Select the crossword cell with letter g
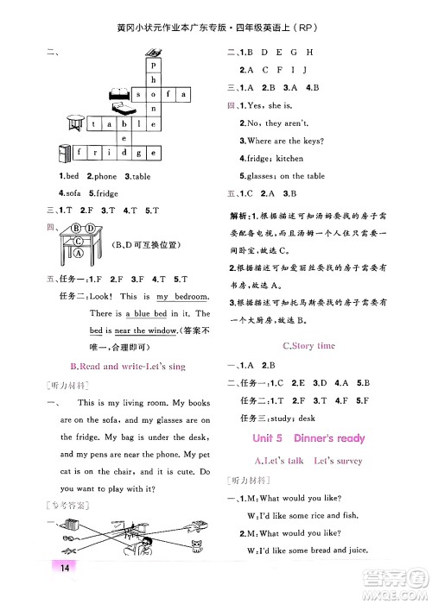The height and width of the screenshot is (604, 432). [139, 154]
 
